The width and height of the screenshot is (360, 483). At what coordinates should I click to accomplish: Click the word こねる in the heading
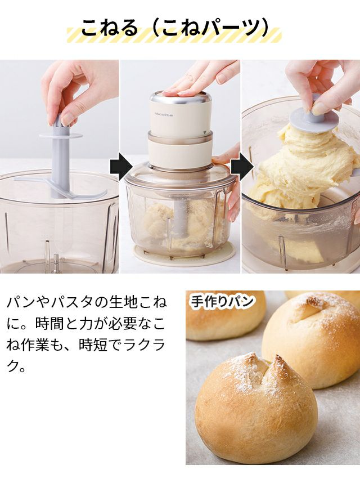pyautogui.click(x=110, y=28)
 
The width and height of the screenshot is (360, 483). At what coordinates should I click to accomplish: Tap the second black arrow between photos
pyautogui.click(x=242, y=167)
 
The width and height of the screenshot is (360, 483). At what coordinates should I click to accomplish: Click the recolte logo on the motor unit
pyautogui.click(x=164, y=115)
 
